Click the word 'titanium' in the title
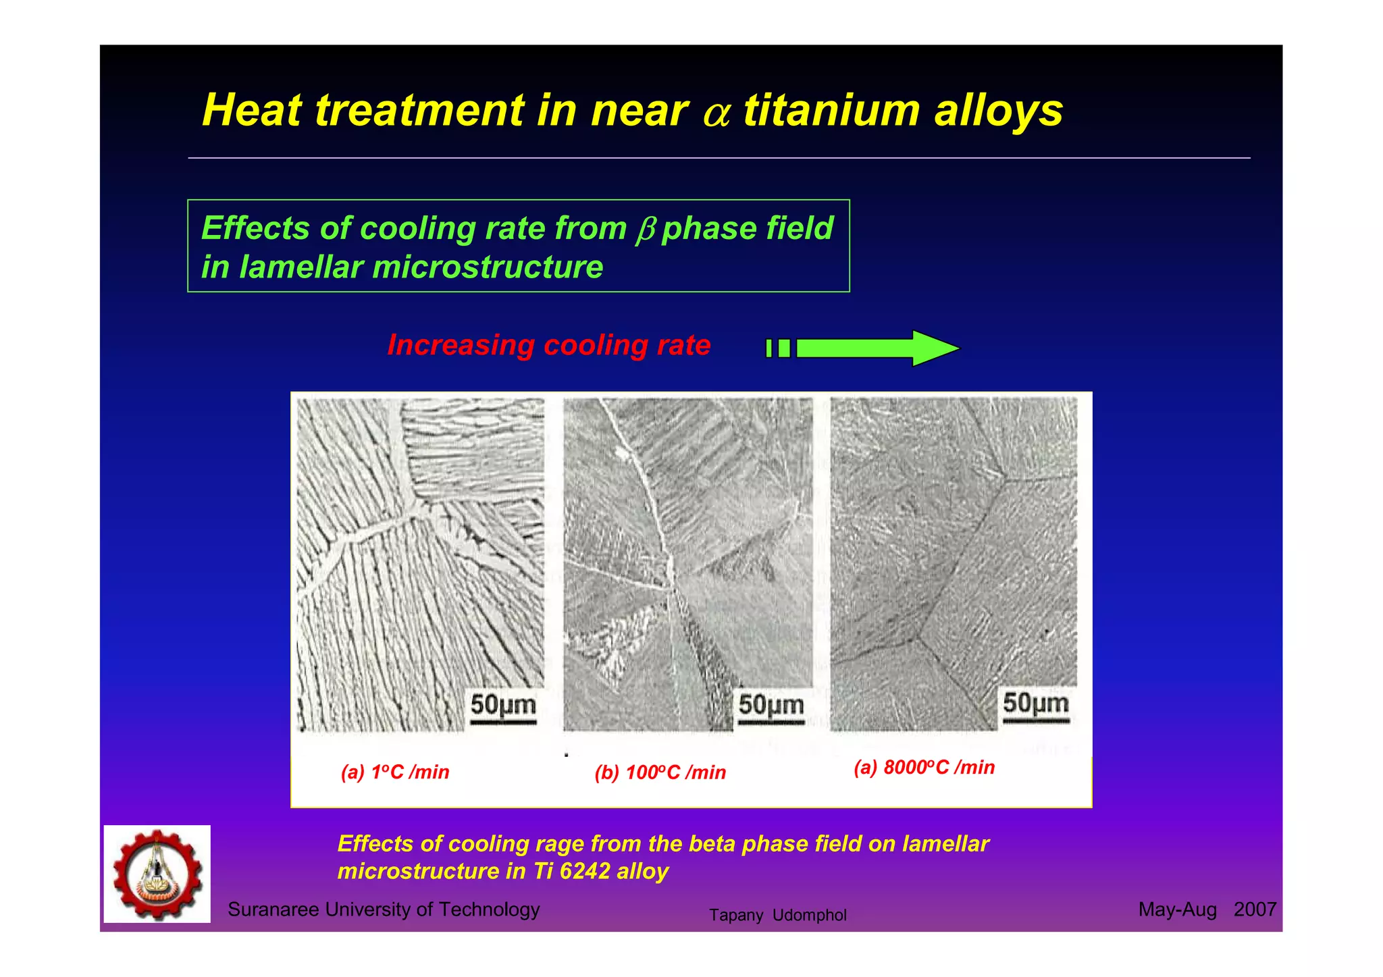(x=831, y=110)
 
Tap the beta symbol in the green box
(x=646, y=230)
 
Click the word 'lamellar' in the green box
(x=301, y=267)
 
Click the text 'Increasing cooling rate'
(x=548, y=345)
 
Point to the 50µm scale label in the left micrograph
(x=503, y=705)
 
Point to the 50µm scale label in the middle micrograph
(x=771, y=705)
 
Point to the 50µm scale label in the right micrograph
(x=1035, y=704)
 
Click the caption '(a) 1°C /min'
(x=395, y=772)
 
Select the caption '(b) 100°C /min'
(x=660, y=772)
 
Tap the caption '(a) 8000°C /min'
(x=924, y=767)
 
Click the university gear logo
(x=157, y=874)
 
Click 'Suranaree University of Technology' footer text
(x=384, y=909)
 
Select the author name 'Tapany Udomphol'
(x=777, y=916)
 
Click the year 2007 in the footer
(x=1254, y=909)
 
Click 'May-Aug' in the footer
(x=1177, y=909)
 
